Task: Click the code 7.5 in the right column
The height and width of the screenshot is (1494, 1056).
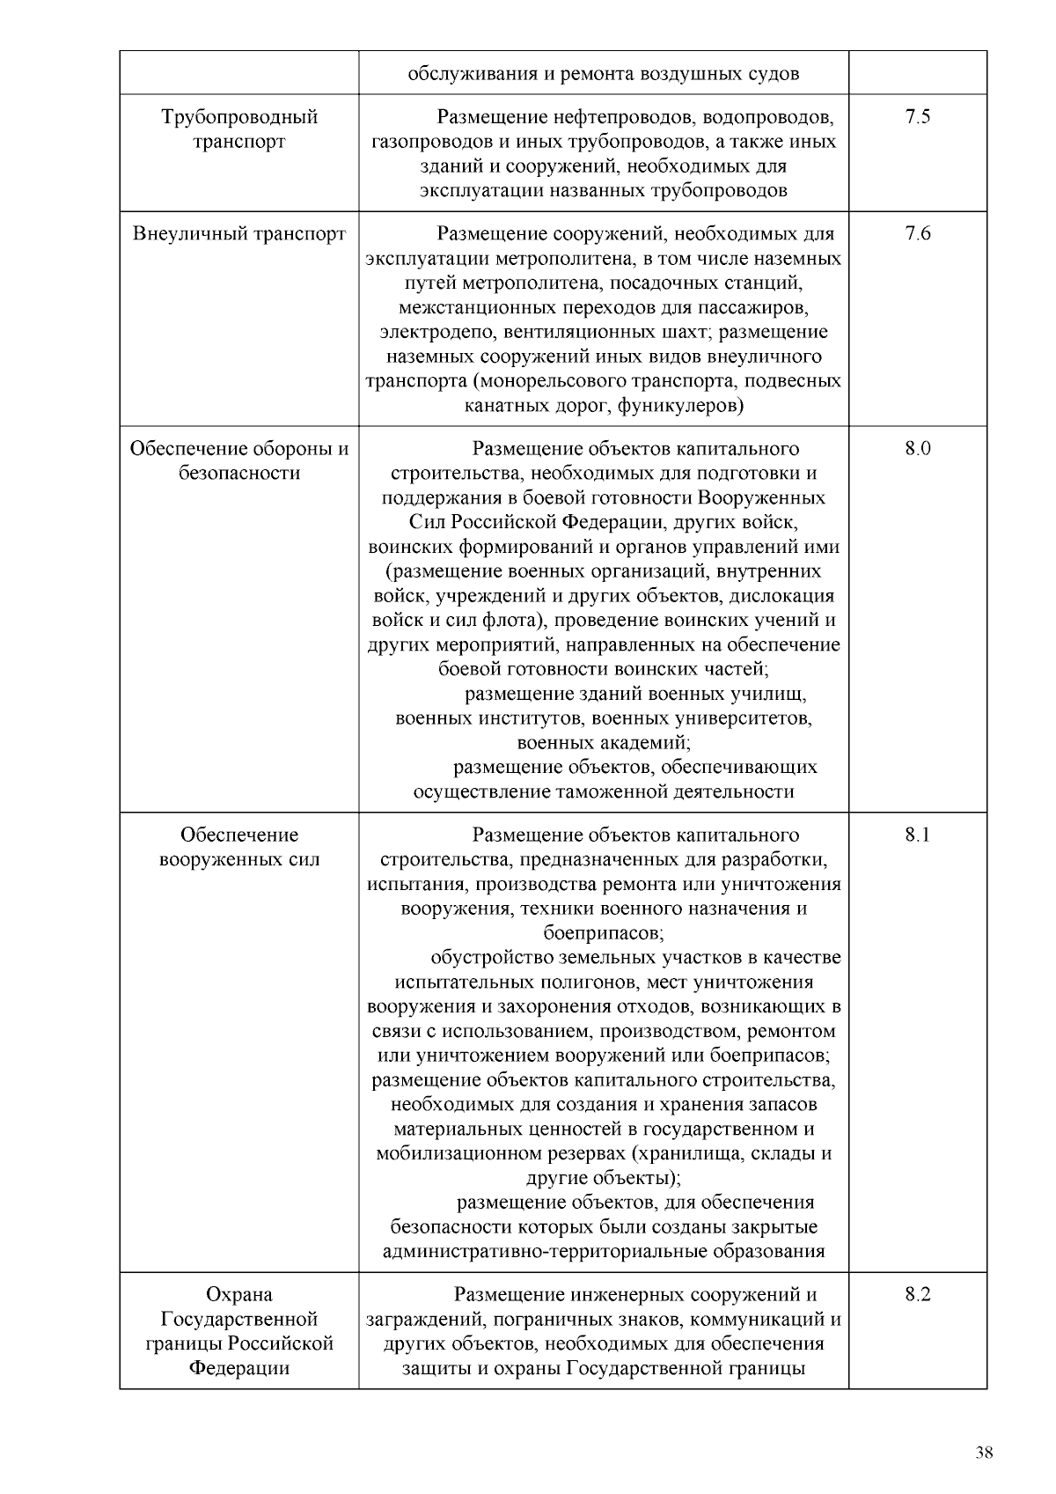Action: point(917,117)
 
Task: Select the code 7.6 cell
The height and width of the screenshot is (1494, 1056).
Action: point(917,233)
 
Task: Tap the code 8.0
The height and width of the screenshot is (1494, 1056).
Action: point(917,448)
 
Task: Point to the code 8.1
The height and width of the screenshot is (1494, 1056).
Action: point(917,835)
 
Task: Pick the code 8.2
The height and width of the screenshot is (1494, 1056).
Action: point(917,1295)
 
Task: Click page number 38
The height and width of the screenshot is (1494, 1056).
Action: point(984,1453)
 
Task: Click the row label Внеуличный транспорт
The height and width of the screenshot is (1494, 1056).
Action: point(239,233)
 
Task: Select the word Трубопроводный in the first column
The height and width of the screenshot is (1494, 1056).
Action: point(239,117)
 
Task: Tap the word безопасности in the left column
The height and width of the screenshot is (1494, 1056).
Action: point(239,473)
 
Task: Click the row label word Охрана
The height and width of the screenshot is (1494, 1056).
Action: point(239,1295)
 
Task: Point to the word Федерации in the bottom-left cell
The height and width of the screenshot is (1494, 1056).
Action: point(239,1369)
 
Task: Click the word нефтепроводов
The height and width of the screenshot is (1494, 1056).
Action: point(626,117)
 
